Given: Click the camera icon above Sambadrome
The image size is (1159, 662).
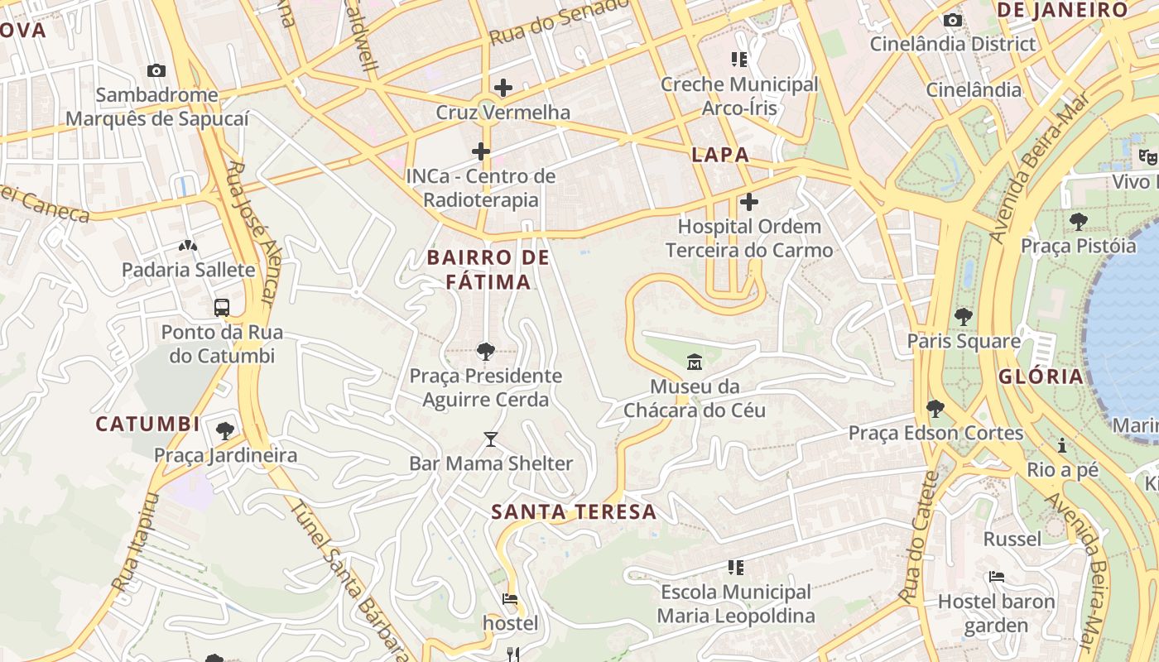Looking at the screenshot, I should [x=156, y=71].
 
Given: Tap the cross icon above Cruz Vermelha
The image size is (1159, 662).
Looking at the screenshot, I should [x=503, y=88].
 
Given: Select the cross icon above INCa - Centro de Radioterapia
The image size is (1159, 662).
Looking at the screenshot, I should [x=480, y=151].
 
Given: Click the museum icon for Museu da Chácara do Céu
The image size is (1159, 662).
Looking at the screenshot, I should [x=694, y=362].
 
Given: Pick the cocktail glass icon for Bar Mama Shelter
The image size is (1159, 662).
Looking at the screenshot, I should [x=491, y=439].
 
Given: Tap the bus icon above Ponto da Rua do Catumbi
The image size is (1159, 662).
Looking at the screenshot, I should [x=222, y=308].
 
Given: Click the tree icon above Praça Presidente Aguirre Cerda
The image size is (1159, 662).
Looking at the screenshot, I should [x=486, y=352].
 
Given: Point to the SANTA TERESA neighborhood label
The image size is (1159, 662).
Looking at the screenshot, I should [x=574, y=512].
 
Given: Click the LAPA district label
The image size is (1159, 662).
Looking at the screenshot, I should [x=720, y=155].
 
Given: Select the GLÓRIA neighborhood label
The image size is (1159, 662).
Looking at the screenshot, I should [x=1041, y=377].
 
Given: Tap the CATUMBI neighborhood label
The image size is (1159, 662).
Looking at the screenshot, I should [x=147, y=425].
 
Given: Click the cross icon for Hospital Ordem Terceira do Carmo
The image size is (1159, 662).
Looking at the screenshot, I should [x=748, y=202].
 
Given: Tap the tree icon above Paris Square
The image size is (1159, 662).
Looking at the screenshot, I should [x=963, y=317].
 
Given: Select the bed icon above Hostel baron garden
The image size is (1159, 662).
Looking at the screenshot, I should [x=996, y=577].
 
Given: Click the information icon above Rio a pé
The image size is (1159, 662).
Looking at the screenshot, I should [x=1062, y=446].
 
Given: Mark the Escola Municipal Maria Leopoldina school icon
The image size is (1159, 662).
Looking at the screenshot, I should [x=736, y=568].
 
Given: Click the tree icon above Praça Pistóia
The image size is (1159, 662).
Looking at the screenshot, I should [x=1078, y=222].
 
